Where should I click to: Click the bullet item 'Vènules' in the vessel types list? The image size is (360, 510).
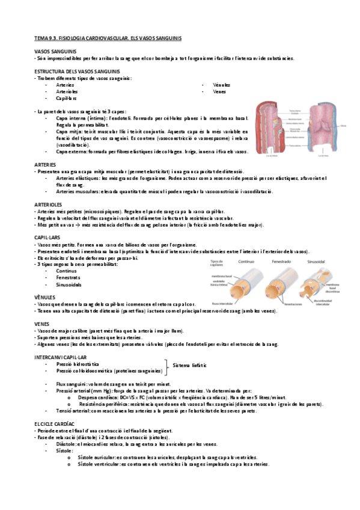tap(221, 85)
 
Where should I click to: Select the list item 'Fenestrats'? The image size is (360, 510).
tap(68, 277)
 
